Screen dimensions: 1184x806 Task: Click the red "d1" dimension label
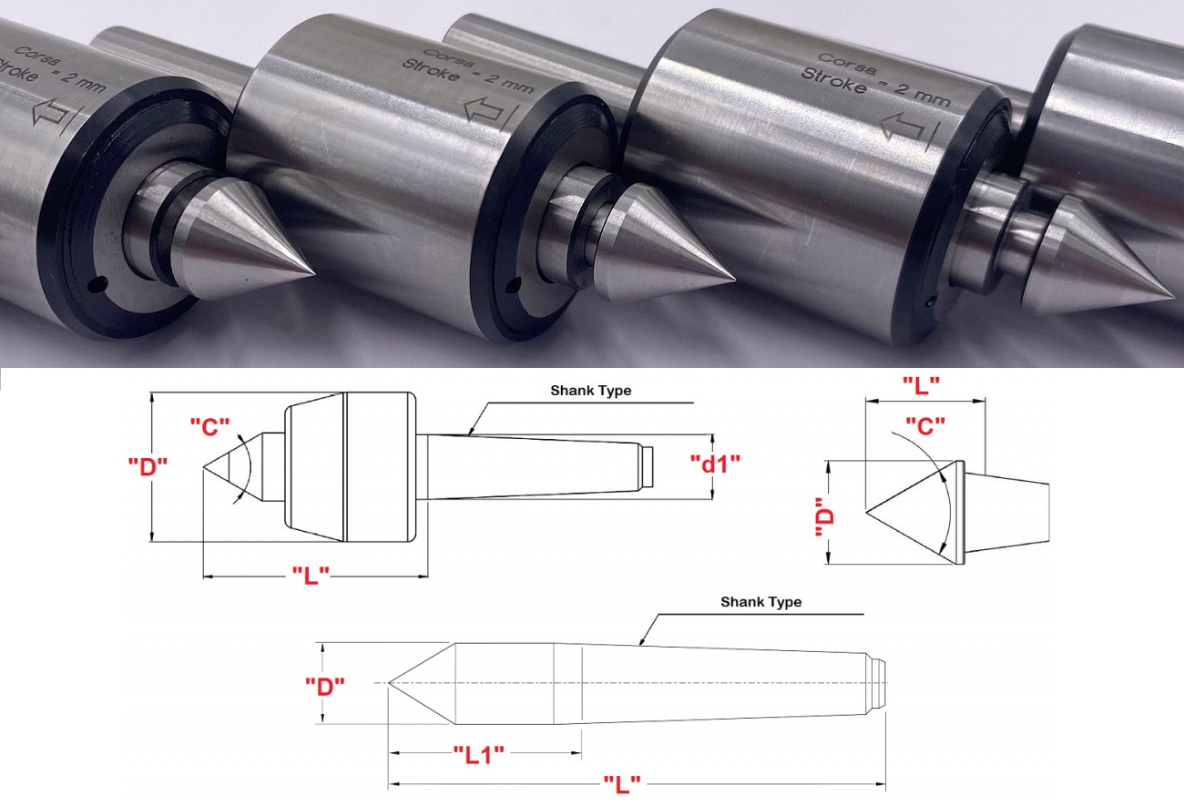pyautogui.click(x=716, y=464)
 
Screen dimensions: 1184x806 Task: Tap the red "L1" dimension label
pyautogui.click(x=479, y=755)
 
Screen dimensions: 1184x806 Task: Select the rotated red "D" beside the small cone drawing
pyautogui.click(x=824, y=517)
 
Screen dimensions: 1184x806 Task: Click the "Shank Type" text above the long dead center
pyautogui.click(x=760, y=602)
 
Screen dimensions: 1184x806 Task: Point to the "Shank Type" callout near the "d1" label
pyautogui.click(x=590, y=391)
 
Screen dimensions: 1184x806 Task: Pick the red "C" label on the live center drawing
pyautogui.click(x=209, y=427)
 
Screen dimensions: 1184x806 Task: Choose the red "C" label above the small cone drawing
pyautogui.click(x=925, y=426)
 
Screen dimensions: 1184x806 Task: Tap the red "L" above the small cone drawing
pyautogui.click(x=921, y=386)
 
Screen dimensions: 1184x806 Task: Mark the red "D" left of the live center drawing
pyautogui.click(x=148, y=466)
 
